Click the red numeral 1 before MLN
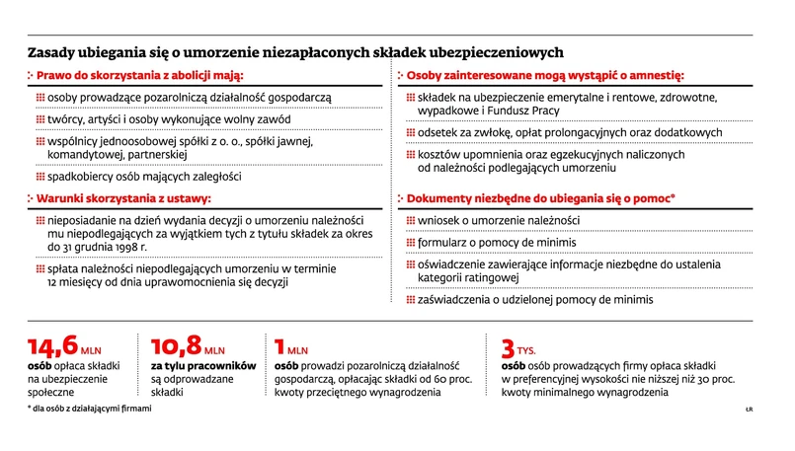coord(279,347)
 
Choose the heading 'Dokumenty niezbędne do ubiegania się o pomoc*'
coord(540,197)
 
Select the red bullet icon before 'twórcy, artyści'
coord(40,119)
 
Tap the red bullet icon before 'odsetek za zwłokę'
coord(411,132)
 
